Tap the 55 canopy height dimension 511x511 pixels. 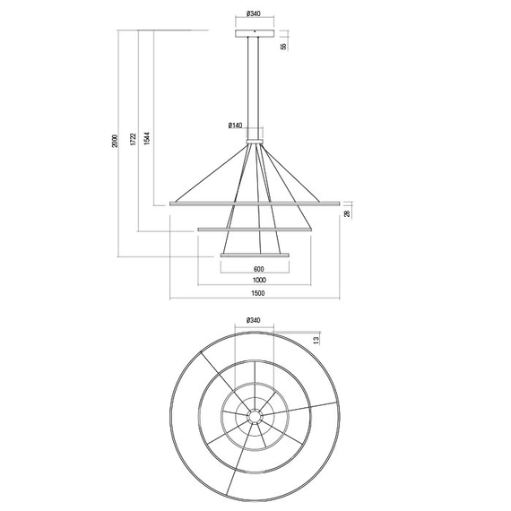282,46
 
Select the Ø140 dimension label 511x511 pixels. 236,125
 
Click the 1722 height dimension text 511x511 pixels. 132,141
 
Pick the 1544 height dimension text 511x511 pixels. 147,141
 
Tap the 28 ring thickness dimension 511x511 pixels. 347,213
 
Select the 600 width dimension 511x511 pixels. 258,269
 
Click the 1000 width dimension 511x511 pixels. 258,281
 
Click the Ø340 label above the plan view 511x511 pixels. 254,320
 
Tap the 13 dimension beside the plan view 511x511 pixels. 316,341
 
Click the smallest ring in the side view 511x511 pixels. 255,255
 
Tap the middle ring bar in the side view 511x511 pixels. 255,230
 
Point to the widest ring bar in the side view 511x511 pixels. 255,204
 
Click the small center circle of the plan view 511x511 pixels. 255,417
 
